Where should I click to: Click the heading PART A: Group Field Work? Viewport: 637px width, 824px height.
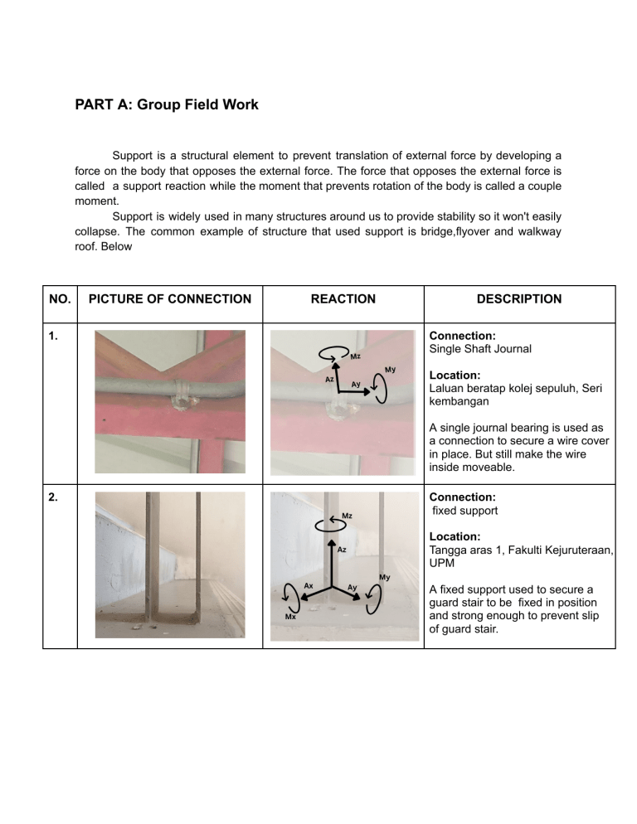pyautogui.click(x=166, y=104)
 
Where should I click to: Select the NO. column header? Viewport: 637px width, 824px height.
pyautogui.click(x=60, y=299)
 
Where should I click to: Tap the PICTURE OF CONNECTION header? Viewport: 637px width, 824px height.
pyautogui.click(x=170, y=299)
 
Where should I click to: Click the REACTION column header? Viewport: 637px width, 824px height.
pyautogui.click(x=343, y=299)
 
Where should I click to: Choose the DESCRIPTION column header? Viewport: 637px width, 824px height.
pyautogui.click(x=519, y=299)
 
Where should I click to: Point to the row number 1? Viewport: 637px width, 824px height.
pyautogui.click(x=52, y=336)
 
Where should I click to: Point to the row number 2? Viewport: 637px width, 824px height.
pyautogui.click(x=53, y=497)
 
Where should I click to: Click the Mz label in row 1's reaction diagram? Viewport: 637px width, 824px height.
pyautogui.click(x=356, y=356)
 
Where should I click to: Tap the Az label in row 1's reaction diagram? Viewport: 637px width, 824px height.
pyautogui.click(x=329, y=379)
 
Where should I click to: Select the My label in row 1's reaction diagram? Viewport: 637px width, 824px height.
pyautogui.click(x=390, y=370)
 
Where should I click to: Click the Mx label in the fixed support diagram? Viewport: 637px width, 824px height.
pyautogui.click(x=290, y=617)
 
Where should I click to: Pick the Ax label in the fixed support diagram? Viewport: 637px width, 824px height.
pyautogui.click(x=309, y=585)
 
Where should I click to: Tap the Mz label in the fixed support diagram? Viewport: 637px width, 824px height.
pyautogui.click(x=348, y=516)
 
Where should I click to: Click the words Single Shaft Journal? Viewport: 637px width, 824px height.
pyautogui.click(x=480, y=349)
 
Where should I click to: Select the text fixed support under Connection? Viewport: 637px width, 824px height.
pyautogui.click(x=465, y=511)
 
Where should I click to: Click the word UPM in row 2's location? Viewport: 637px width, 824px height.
pyautogui.click(x=442, y=563)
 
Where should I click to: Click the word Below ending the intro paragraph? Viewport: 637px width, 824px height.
pyautogui.click(x=116, y=246)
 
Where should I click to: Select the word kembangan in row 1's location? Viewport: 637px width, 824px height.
pyautogui.click(x=459, y=401)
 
